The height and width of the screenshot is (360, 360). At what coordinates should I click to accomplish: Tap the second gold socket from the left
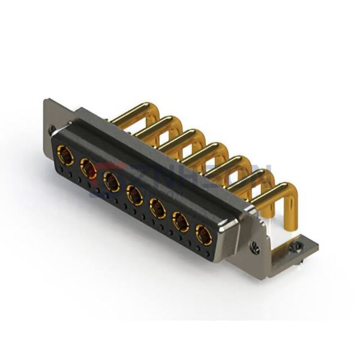pyautogui.click(x=88, y=170)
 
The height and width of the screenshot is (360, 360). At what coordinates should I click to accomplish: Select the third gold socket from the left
pyautogui.click(x=112, y=182)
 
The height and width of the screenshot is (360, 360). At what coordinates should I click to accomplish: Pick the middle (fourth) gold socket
pyautogui.click(x=134, y=195)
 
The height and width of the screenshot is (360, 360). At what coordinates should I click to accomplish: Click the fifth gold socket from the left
pyautogui.click(x=158, y=208)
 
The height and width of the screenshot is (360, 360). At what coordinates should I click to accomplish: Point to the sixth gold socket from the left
pyautogui.click(x=181, y=221)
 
